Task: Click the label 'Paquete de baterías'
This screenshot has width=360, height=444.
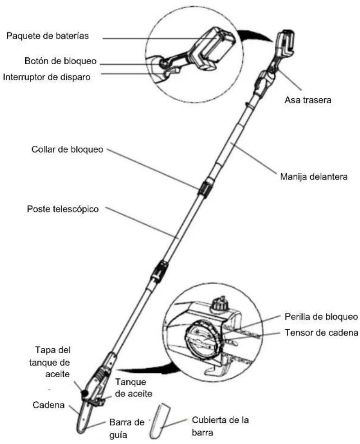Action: (x=47, y=36)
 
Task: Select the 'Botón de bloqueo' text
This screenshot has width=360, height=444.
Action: (x=60, y=61)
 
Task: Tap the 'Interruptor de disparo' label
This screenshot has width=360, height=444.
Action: (x=47, y=77)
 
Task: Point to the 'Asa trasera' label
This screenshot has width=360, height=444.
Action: (x=308, y=100)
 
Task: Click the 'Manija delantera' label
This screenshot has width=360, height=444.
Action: (x=314, y=177)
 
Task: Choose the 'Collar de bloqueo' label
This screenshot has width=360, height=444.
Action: (x=67, y=149)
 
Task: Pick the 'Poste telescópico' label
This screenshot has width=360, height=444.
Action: (x=63, y=209)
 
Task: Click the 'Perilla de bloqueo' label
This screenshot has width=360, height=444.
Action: (x=321, y=317)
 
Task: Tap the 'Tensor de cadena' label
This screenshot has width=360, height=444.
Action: (x=322, y=333)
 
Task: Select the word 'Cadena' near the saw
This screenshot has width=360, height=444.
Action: (x=49, y=405)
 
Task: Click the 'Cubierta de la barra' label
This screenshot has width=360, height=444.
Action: (x=220, y=426)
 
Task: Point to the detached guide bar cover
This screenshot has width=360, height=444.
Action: (x=159, y=421)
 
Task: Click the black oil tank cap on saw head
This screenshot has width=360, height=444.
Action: (x=84, y=393)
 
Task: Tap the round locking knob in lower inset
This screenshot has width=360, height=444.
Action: (x=202, y=339)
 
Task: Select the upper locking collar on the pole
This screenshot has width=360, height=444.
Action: (x=205, y=187)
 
